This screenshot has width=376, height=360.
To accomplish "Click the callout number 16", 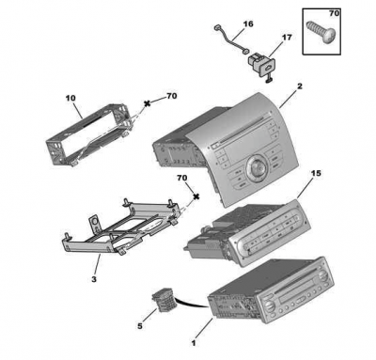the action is (248, 23).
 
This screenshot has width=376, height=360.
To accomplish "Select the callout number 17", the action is (287, 38).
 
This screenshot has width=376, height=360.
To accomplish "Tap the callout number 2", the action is (300, 86).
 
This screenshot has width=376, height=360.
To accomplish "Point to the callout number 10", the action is (70, 98).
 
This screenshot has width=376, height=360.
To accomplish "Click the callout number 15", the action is (316, 173).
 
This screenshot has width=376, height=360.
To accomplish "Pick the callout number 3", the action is (94, 279).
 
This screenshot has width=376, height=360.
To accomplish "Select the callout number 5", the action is (140, 326).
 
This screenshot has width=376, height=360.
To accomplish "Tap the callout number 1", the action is (194, 343).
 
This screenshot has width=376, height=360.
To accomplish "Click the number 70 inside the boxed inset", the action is (334, 13).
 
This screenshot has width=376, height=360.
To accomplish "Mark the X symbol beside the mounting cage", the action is (147, 103).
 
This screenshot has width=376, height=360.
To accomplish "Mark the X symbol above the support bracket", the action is (196, 196).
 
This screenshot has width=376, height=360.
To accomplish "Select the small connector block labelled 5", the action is (163, 303).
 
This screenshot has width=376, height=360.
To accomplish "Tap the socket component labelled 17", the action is (260, 64).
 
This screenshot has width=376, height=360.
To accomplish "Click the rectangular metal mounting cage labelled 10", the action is (89, 134).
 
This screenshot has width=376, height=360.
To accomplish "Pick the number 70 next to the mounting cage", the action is (171, 96).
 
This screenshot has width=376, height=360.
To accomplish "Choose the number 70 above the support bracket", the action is (182, 178).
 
